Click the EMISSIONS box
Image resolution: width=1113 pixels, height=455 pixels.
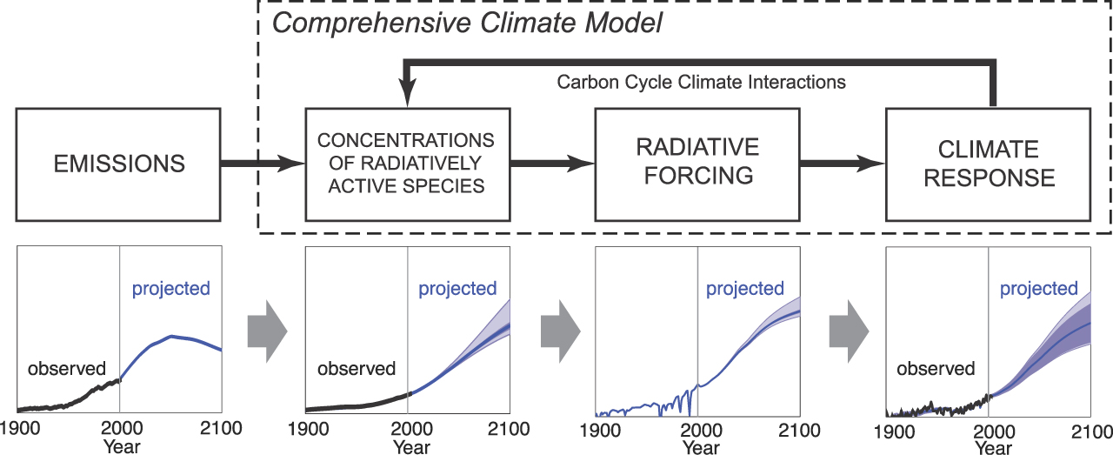coord(118,164)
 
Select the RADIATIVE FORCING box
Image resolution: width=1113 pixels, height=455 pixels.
coord(697,164)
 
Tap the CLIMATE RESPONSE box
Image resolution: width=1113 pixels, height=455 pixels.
coord(989,164)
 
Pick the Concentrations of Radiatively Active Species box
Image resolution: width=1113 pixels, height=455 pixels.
coord(408,164)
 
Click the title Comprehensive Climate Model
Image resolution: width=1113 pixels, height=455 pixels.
coord(467,23)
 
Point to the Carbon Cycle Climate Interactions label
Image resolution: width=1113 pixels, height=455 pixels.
coord(701,82)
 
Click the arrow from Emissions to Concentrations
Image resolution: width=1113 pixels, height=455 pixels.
coord(263,163)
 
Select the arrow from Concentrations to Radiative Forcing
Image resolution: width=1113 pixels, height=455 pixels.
coord(552,163)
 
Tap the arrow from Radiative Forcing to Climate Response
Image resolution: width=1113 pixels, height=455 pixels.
coord(843,163)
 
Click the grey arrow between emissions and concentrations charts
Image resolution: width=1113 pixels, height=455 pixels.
coord(267,331)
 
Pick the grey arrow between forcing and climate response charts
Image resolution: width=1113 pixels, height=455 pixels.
coord(850,331)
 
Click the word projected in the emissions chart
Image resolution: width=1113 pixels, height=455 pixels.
coord(171,289)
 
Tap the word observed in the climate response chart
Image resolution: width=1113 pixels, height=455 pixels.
coord(936,369)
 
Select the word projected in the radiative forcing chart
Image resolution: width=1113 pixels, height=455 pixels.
coord(745,289)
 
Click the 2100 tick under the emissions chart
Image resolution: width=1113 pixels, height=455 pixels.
coord(221,428)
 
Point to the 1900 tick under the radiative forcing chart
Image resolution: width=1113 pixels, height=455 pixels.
coord(600,431)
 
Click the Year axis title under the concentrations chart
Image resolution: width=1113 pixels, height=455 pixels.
coord(411,447)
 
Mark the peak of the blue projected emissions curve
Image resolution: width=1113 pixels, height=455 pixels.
coord(171,336)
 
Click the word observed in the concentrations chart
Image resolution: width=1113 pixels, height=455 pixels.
coord(357,369)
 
